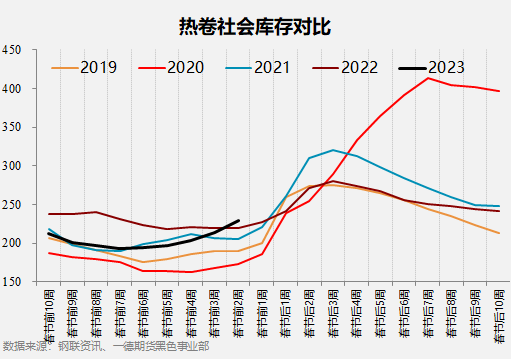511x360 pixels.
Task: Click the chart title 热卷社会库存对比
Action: (x=256, y=23)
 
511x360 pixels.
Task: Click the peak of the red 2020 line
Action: (x=429, y=78)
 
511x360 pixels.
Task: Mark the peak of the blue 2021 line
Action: (x=333, y=150)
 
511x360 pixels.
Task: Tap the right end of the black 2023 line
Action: (x=239, y=221)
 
